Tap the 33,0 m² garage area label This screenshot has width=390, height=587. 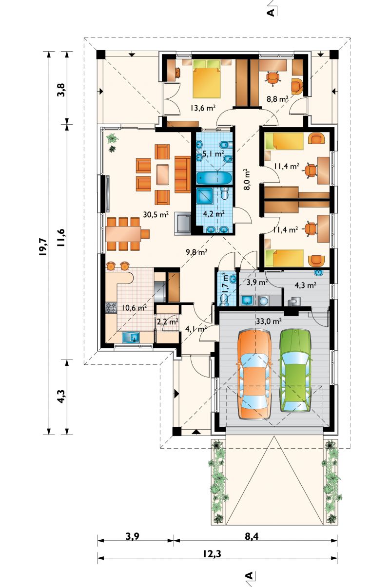tap(269, 321)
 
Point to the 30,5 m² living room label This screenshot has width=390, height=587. tap(156, 215)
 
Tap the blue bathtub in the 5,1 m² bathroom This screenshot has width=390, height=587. tap(214, 178)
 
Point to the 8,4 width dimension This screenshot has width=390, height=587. tap(252, 536)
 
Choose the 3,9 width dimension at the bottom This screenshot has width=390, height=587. tap(132, 536)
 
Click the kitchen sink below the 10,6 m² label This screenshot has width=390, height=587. tap(131, 337)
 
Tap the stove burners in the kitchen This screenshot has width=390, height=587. tap(111, 308)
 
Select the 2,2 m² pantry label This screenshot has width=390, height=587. tap(167, 322)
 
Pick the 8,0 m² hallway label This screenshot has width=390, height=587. tap(248, 180)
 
